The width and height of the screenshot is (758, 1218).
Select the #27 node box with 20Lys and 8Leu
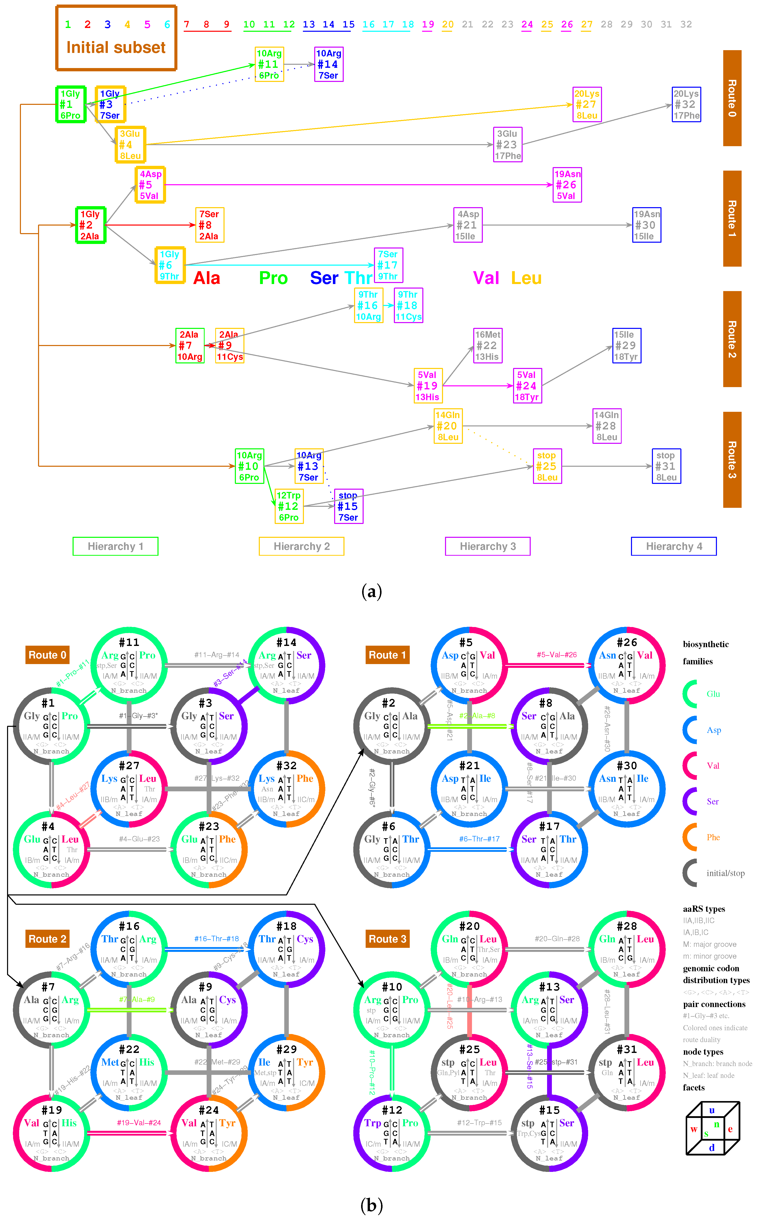click(x=587, y=104)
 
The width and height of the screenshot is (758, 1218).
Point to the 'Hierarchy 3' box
click(x=487, y=546)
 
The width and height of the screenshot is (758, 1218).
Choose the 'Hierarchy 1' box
click(x=115, y=546)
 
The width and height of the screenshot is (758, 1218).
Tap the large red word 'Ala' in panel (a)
click(x=207, y=278)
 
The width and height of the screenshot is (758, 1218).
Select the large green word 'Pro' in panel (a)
click(x=273, y=278)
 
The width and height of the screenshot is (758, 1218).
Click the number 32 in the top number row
click(x=686, y=24)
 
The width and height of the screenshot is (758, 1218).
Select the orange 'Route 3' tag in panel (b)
click(x=388, y=939)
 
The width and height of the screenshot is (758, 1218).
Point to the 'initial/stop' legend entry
click(x=725, y=873)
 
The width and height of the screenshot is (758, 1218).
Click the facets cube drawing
click(x=712, y=1128)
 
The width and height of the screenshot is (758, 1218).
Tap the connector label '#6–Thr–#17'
click(x=479, y=838)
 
